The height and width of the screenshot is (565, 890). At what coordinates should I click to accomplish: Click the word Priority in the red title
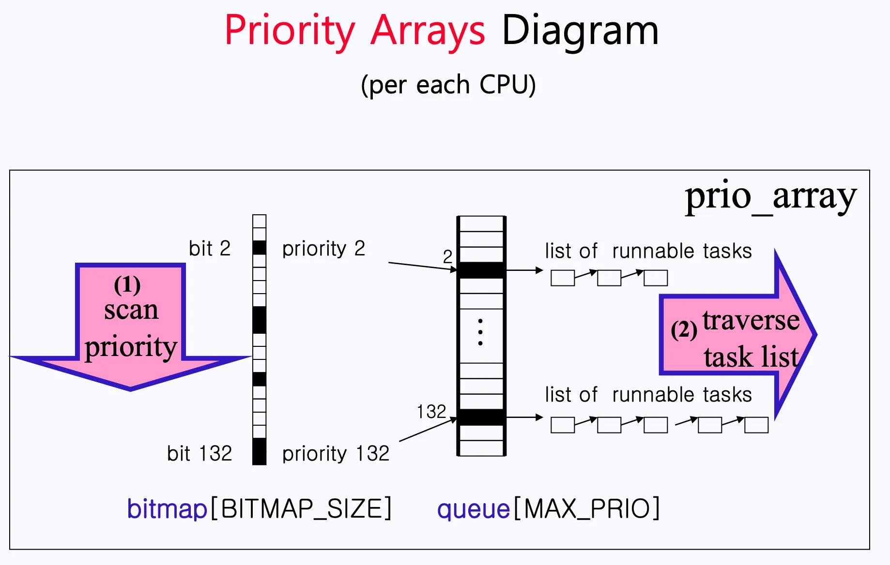pyautogui.click(x=290, y=31)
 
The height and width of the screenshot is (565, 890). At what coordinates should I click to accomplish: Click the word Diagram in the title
pyautogui.click(x=580, y=31)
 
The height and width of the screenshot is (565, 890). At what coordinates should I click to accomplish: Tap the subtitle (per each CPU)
pyautogui.click(x=448, y=85)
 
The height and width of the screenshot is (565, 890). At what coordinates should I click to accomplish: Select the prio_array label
pyautogui.click(x=770, y=196)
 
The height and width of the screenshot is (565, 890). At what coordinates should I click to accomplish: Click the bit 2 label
pyautogui.click(x=209, y=249)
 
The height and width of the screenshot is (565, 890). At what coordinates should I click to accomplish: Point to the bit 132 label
pyautogui.click(x=199, y=454)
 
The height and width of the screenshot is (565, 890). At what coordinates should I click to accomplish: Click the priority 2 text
pyautogui.click(x=323, y=249)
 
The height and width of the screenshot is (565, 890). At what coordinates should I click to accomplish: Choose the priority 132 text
pyautogui.click(x=336, y=454)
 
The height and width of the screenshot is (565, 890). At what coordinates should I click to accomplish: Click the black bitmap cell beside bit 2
pyautogui.click(x=260, y=248)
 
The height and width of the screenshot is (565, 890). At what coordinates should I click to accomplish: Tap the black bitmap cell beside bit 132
pyautogui.click(x=260, y=451)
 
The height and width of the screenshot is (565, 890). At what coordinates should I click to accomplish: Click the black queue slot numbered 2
pyautogui.click(x=481, y=270)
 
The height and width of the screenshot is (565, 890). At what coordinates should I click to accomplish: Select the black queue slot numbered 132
pyautogui.click(x=481, y=417)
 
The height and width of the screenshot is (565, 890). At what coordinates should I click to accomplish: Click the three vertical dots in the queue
pyautogui.click(x=480, y=332)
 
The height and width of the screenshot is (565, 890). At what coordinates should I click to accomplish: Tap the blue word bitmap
pyautogui.click(x=167, y=509)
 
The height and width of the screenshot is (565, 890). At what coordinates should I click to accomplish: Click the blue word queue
pyautogui.click(x=473, y=509)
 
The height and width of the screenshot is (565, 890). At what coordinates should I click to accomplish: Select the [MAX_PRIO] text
pyautogui.click(x=586, y=509)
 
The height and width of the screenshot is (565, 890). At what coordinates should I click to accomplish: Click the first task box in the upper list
pyautogui.click(x=563, y=278)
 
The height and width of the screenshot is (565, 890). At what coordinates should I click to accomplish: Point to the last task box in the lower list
pyautogui.click(x=756, y=425)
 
